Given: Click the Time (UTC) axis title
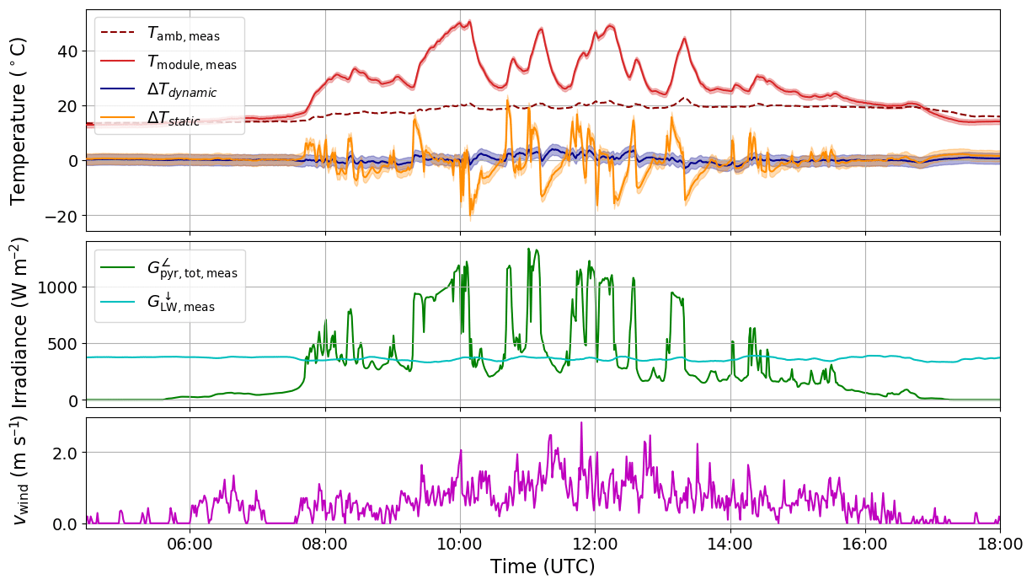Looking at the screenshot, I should coord(543,566).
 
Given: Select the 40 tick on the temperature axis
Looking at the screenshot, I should coord(67,51).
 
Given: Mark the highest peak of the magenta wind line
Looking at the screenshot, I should coord(581,422).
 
